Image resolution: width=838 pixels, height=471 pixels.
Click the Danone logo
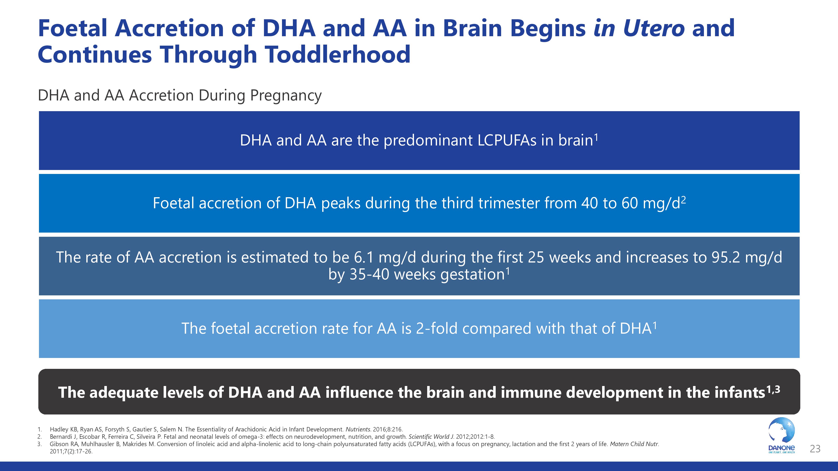[781, 436]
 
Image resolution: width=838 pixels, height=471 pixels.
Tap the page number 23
[815, 449]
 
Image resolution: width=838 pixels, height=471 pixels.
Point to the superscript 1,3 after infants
[773, 389]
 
